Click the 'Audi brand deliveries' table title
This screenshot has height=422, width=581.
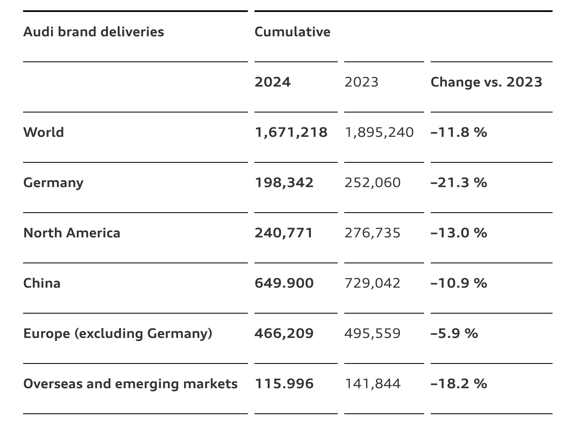[x=93, y=32]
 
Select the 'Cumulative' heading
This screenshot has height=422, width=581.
[x=293, y=32]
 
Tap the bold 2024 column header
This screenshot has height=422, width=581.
[x=273, y=82]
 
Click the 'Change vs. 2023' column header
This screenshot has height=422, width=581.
[x=486, y=82]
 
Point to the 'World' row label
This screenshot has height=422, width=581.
[x=44, y=132]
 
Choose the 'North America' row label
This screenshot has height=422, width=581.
[x=72, y=233]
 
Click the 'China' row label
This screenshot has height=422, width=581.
[x=42, y=283]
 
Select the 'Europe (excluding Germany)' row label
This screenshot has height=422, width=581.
[x=118, y=334]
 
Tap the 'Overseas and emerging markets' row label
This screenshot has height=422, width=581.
[x=131, y=384]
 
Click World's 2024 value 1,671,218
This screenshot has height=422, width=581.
[x=291, y=133]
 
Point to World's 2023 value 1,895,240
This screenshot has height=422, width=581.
[x=379, y=133]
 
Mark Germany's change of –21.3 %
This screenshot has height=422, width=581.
[x=459, y=183]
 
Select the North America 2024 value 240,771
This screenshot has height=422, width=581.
[x=284, y=233]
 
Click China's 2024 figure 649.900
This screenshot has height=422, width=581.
[x=284, y=283]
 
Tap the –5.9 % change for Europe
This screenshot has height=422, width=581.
[x=454, y=333]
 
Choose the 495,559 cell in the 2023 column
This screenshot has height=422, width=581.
[x=373, y=334]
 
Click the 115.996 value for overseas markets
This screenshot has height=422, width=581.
[x=284, y=384]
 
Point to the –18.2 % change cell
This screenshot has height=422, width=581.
[x=459, y=384]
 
